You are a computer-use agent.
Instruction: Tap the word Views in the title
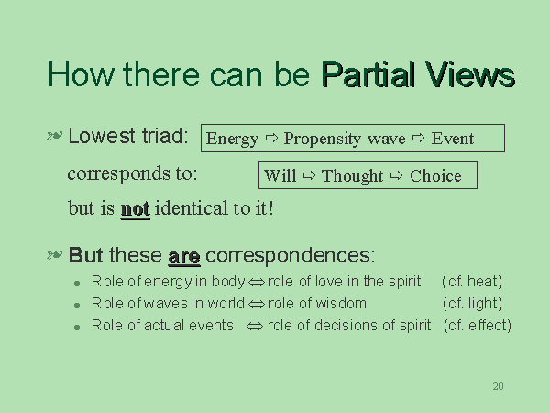pyautogui.click(x=470, y=74)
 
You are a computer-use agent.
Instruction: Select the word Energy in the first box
pyautogui.click(x=232, y=140)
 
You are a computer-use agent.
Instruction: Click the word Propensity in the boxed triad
pyautogui.click(x=323, y=140)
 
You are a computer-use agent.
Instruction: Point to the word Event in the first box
pyautogui.click(x=453, y=138)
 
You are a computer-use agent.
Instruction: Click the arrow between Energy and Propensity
pyautogui.click(x=271, y=138)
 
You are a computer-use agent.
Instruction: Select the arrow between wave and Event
pyautogui.click(x=418, y=138)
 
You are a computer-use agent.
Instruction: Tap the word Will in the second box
pyautogui.click(x=280, y=175)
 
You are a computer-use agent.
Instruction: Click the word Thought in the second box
pyautogui.click(x=352, y=176)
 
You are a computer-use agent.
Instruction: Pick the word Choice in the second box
pyautogui.click(x=435, y=175)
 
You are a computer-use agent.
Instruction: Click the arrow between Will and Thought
pyautogui.click(x=309, y=175)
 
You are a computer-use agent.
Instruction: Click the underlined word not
pyautogui.click(x=136, y=209)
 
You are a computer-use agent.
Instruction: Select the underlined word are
pyautogui.click(x=184, y=257)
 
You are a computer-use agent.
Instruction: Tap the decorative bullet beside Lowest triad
pyautogui.click(x=55, y=136)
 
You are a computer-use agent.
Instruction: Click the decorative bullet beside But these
pyautogui.click(x=55, y=255)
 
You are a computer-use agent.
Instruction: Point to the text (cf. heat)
pyautogui.click(x=472, y=282)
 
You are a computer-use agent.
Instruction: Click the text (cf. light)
pyautogui.click(x=472, y=304)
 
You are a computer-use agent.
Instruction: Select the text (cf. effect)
pyautogui.click(x=478, y=326)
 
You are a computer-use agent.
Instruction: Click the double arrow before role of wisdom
pyautogui.click(x=257, y=304)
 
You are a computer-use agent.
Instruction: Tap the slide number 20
pyautogui.click(x=498, y=386)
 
